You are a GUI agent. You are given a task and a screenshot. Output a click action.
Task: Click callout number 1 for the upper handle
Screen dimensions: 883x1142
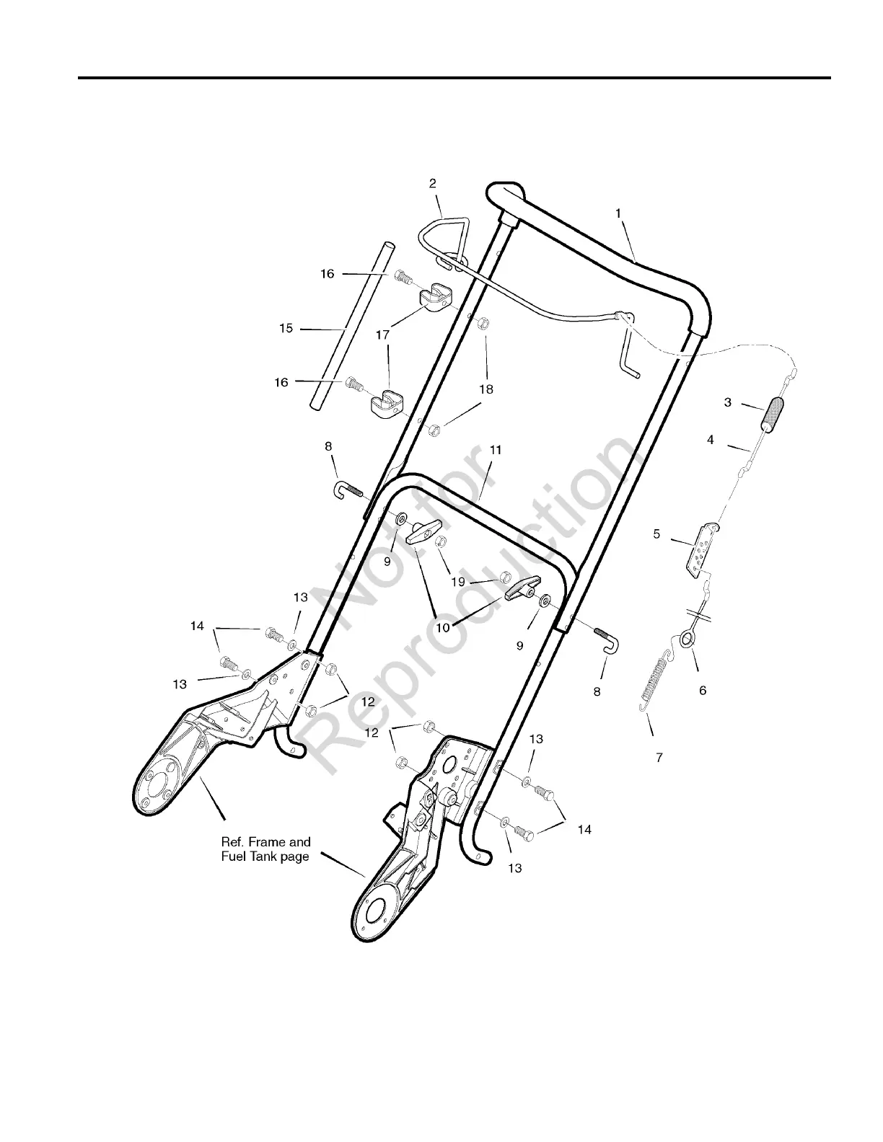tap(618, 213)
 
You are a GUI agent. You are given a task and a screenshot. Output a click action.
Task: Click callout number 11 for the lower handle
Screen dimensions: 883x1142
tap(496, 450)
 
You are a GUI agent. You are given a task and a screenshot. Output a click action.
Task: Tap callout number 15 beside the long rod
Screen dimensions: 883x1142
tap(286, 328)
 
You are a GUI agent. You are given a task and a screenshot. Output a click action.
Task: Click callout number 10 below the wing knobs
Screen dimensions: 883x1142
tap(443, 627)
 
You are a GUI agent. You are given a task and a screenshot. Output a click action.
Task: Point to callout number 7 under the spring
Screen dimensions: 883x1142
tap(659, 758)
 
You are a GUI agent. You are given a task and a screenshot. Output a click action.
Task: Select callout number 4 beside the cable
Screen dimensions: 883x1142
tap(711, 439)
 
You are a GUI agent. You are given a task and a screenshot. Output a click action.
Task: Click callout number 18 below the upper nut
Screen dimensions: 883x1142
tap(486, 389)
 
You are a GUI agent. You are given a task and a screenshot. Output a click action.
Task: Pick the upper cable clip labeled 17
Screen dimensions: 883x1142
tap(436, 297)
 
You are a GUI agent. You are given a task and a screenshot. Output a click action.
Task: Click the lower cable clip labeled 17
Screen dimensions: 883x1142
tap(388, 402)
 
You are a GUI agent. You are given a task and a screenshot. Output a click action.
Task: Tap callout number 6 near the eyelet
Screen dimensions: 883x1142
tap(703, 690)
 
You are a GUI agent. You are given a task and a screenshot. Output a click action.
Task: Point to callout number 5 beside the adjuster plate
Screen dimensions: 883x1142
tap(656, 534)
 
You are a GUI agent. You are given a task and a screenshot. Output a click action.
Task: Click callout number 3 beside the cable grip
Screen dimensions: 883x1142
tap(728, 402)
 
